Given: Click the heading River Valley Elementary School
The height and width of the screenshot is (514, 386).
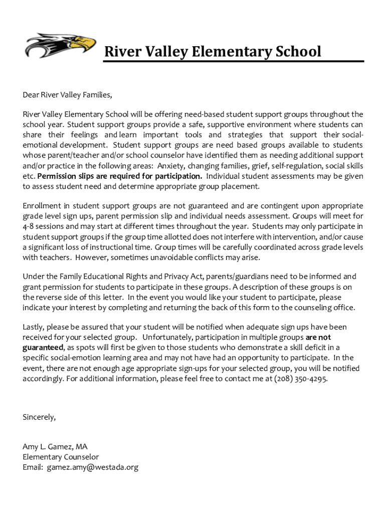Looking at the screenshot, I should (x=212, y=52).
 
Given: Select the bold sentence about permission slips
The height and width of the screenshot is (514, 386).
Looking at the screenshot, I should (x=120, y=176).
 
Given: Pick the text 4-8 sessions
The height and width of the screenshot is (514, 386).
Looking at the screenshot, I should (x=46, y=226).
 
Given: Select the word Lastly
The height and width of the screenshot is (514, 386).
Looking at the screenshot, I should (x=34, y=327).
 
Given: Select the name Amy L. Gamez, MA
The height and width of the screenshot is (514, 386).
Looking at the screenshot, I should (x=55, y=447).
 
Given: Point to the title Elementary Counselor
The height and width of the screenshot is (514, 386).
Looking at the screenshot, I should (x=61, y=457).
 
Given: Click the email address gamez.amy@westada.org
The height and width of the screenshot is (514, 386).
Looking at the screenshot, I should (x=92, y=467).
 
